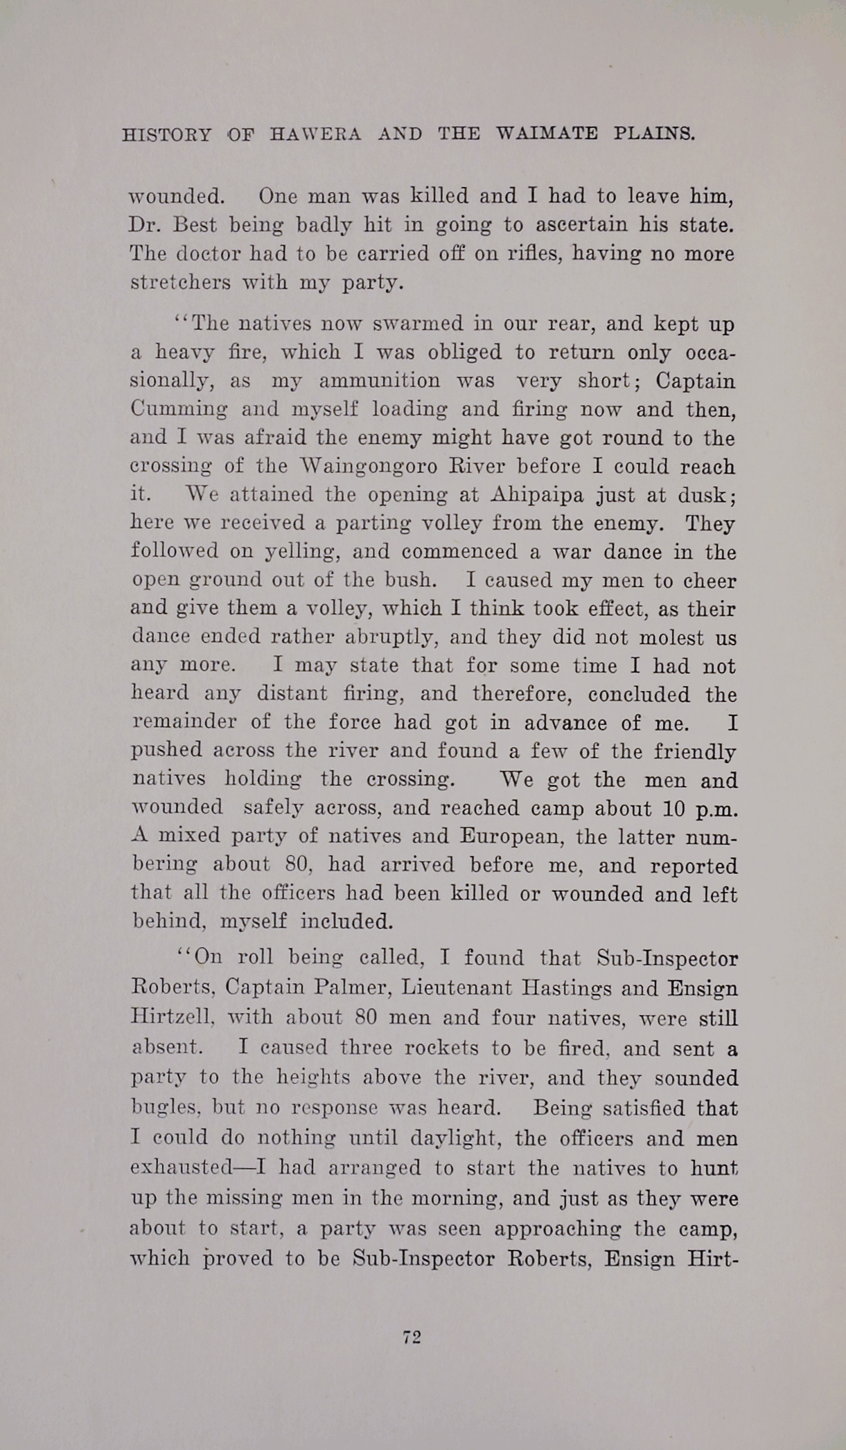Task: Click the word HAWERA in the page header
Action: tap(315, 134)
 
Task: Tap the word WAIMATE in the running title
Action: tap(547, 134)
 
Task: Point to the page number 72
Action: tap(412, 1337)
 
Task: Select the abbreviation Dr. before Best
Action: tap(144, 225)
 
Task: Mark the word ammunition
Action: tap(379, 381)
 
